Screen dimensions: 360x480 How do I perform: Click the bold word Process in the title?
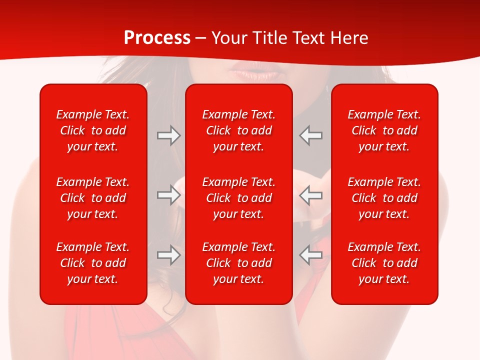click(x=157, y=38)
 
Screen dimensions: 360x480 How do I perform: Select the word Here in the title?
click(x=348, y=38)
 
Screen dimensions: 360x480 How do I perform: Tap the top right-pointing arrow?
click(x=168, y=135)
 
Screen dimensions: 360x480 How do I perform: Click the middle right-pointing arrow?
click(x=168, y=195)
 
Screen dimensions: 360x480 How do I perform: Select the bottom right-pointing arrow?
click(x=168, y=255)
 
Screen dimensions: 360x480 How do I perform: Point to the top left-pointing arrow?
click(x=311, y=135)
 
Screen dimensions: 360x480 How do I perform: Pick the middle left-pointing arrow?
click(x=311, y=195)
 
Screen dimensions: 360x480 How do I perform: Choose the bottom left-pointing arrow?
click(x=311, y=255)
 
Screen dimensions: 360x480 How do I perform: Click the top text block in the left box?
click(x=93, y=130)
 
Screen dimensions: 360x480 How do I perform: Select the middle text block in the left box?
click(x=93, y=198)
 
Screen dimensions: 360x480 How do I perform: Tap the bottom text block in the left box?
click(x=93, y=263)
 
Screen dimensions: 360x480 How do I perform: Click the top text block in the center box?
click(x=238, y=130)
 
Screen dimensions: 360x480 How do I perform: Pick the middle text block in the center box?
click(x=238, y=198)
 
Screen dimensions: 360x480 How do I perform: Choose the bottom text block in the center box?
click(x=238, y=263)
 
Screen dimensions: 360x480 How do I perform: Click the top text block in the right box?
click(x=384, y=130)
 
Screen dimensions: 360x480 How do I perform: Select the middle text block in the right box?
click(x=384, y=198)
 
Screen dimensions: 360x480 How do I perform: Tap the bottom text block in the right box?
click(x=384, y=263)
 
